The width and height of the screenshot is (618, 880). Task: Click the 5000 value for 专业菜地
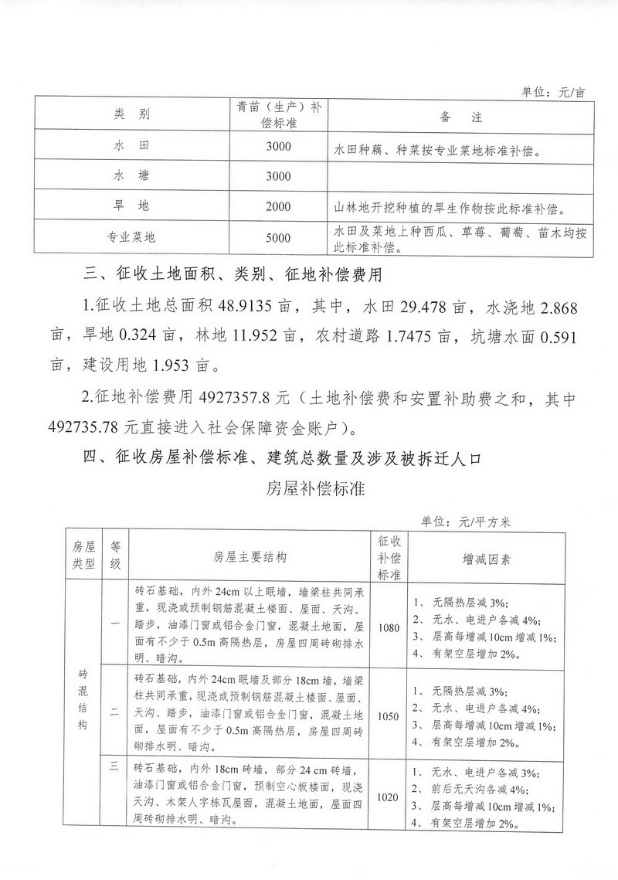[278, 238]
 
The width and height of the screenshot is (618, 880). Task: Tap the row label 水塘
[131, 176]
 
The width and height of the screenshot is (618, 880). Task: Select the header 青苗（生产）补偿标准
[278, 116]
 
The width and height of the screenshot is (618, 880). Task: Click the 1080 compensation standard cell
[389, 627]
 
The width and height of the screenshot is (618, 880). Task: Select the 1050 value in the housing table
[389, 716]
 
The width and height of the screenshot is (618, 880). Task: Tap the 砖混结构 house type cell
[83, 699]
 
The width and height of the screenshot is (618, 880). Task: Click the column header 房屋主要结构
[250, 556]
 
